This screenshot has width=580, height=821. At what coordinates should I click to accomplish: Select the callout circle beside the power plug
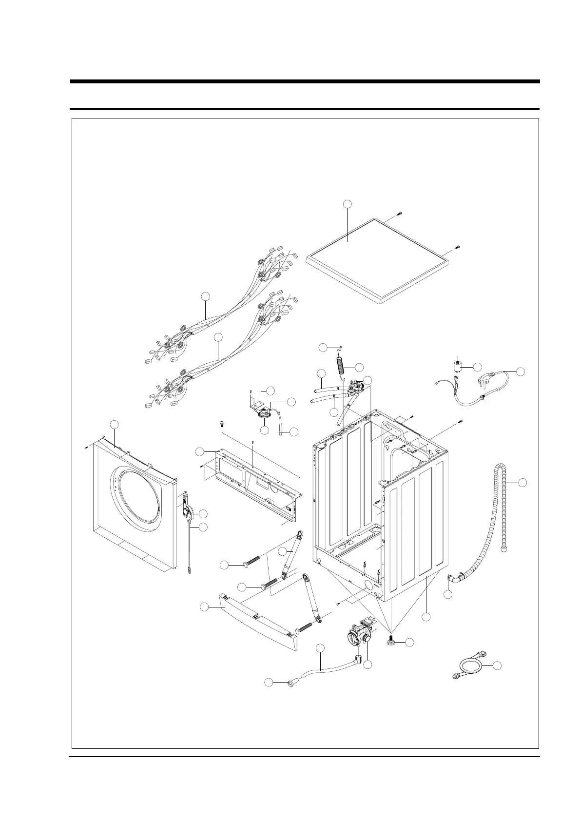click(521, 371)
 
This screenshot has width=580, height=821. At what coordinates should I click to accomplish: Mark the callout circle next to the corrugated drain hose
click(522, 483)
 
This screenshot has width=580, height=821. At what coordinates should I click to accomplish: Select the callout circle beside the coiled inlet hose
click(497, 665)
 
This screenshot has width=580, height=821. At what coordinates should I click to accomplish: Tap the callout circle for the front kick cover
click(205, 607)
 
